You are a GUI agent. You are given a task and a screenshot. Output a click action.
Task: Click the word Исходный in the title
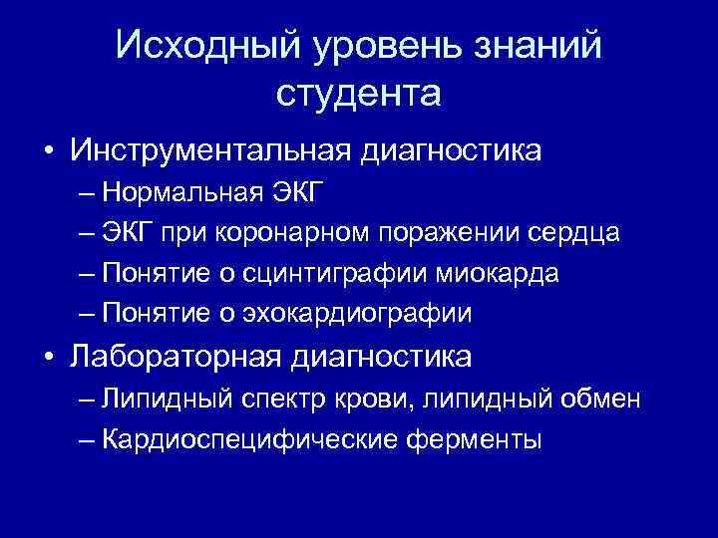[x=198, y=46]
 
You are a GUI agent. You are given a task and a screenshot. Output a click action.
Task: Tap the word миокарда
[x=510, y=273]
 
